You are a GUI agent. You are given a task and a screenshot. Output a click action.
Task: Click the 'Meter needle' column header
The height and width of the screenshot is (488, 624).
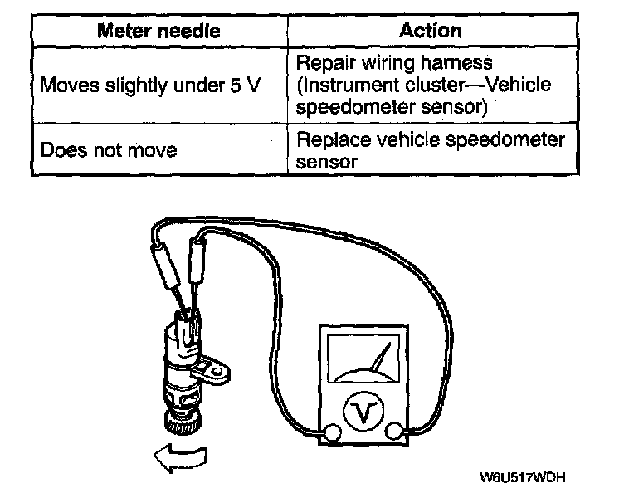(x=158, y=32)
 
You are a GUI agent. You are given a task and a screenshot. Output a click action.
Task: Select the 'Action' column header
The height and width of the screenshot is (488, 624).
(x=430, y=32)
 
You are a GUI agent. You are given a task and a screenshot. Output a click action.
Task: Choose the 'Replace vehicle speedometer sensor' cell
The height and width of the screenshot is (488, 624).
(x=430, y=150)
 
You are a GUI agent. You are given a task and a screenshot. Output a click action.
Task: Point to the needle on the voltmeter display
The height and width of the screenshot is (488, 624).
(x=380, y=361)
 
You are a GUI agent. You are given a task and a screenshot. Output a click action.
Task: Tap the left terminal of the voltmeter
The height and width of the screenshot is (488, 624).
(x=332, y=431)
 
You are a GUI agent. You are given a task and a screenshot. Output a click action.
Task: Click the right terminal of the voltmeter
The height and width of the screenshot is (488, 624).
(x=393, y=431)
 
